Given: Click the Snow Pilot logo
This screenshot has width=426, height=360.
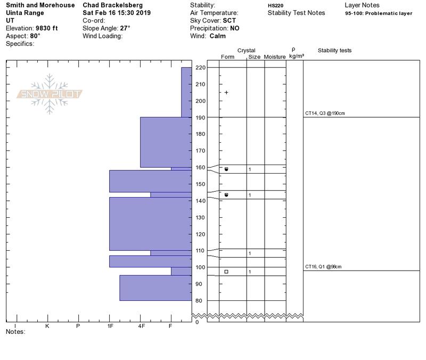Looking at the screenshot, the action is click(49, 94).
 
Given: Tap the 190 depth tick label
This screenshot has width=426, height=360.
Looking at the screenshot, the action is click(200, 118).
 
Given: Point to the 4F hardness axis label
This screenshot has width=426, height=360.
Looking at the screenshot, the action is click(141, 326).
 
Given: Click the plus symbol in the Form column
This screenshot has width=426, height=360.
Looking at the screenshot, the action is click(226, 93).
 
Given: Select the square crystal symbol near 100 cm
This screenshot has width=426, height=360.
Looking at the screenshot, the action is click(226, 272).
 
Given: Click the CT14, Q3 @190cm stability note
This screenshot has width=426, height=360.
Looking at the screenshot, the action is click(325, 113).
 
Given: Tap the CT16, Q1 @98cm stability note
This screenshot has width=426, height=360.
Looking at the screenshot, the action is click(323, 267).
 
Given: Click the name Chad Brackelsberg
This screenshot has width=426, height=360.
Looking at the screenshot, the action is click(113, 5).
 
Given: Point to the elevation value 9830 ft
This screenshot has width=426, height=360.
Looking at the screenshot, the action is click(47, 28).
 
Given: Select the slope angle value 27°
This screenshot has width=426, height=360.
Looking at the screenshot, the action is click(125, 28).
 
